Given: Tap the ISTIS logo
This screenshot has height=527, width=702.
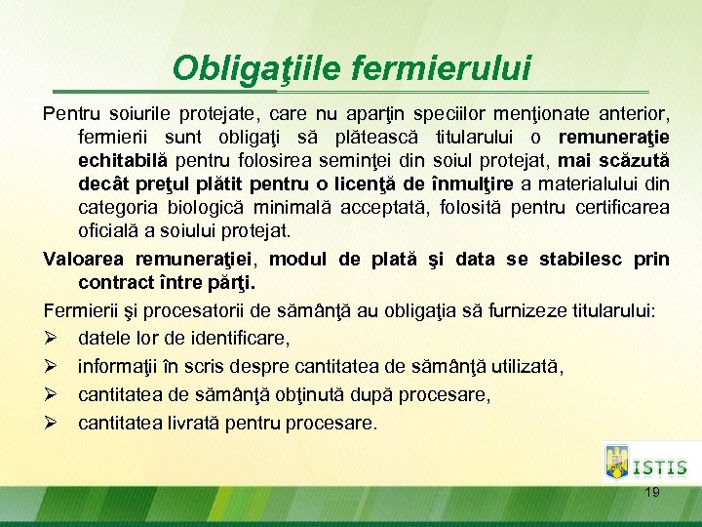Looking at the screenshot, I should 644,463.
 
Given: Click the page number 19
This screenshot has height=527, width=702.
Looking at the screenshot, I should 652,493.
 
